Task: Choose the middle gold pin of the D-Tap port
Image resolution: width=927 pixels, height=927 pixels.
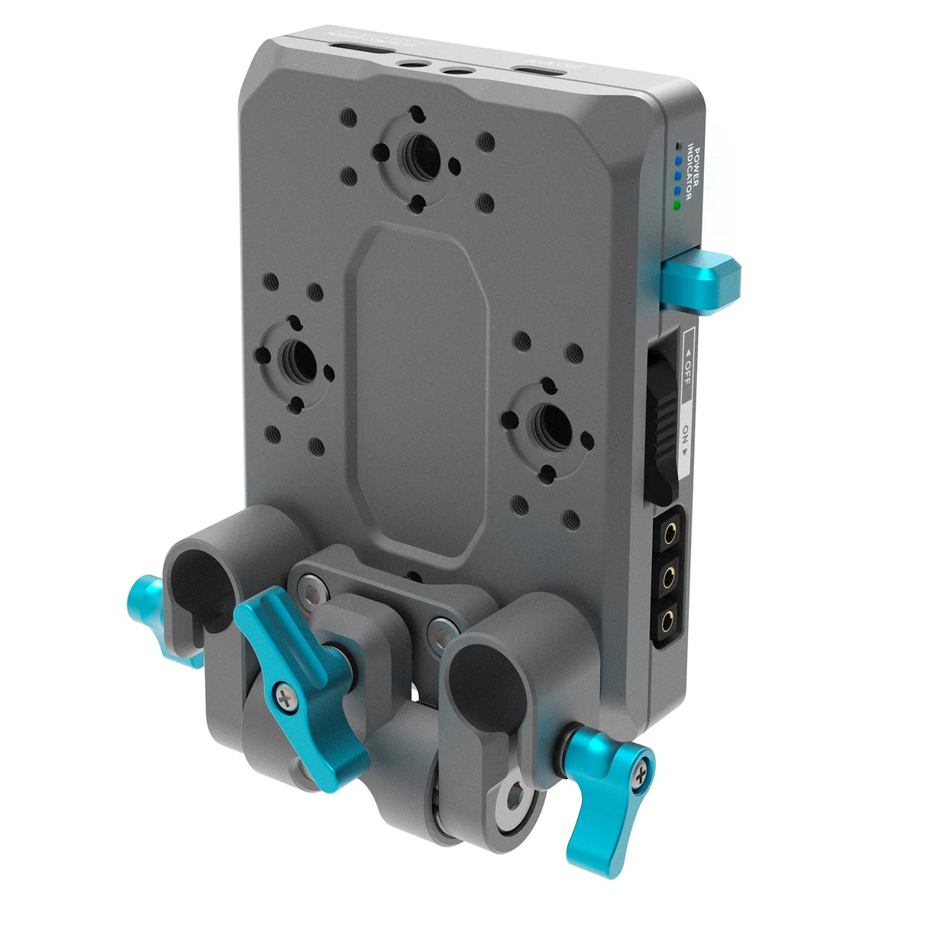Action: pos(672,573)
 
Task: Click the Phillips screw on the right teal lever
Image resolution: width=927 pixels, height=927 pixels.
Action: pos(638,777)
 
